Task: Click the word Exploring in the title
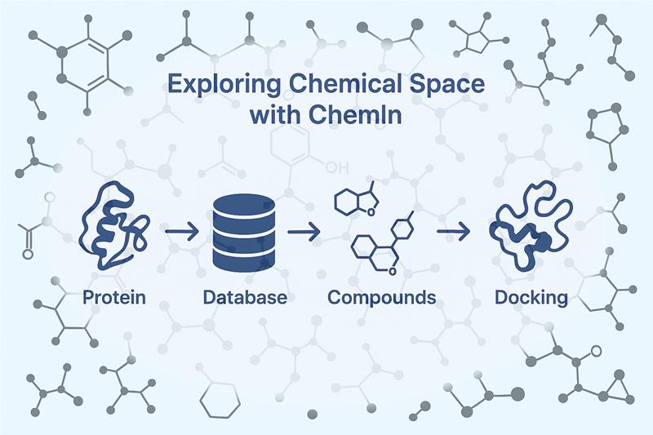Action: click(224, 85)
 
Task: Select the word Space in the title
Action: click(446, 85)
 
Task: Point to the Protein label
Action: click(114, 297)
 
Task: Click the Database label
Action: click(245, 297)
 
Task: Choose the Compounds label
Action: click(382, 298)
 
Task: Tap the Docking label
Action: click(531, 298)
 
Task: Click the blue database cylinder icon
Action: click(244, 233)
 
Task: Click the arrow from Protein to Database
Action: click(182, 231)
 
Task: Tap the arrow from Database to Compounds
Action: click(304, 231)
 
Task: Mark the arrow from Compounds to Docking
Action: click(454, 231)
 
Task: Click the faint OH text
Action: click(336, 168)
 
